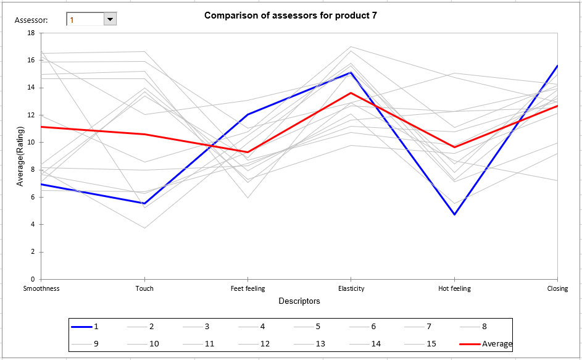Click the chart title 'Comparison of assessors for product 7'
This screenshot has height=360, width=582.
(290, 15)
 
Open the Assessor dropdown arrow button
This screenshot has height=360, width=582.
(110, 20)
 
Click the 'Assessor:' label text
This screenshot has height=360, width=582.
(31, 20)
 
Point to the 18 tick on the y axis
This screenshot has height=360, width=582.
(31, 33)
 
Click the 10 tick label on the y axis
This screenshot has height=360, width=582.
(31, 143)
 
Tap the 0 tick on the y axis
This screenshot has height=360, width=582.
(33, 279)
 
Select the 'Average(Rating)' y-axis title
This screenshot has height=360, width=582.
(20, 156)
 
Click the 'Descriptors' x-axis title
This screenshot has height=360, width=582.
(299, 301)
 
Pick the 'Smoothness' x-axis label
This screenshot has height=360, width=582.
(41, 288)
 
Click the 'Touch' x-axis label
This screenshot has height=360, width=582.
(144, 288)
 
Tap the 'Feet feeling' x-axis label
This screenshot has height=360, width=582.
(247, 288)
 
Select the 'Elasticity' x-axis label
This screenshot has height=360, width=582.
(351, 288)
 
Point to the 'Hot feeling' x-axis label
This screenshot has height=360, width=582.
(454, 288)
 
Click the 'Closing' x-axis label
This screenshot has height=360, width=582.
(557, 288)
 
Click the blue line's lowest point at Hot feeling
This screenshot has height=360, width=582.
(454, 214)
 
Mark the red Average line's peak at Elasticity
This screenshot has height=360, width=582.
(351, 93)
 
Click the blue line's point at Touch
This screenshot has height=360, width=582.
(144, 203)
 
